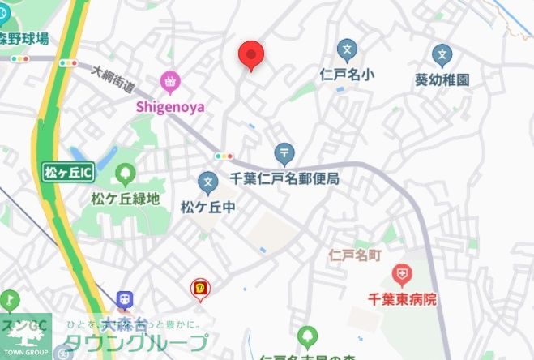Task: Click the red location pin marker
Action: click(x=251, y=55)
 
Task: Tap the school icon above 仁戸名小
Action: click(x=347, y=52)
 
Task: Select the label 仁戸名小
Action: click(x=347, y=75)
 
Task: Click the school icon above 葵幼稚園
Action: click(x=442, y=56)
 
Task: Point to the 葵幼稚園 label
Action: click(x=442, y=79)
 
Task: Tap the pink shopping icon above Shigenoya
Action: click(x=170, y=81)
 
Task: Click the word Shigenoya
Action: click(x=170, y=105)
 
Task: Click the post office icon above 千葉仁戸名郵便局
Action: click(x=284, y=152)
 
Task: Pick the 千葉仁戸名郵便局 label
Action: click(x=284, y=178)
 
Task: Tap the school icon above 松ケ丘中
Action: click(x=208, y=183)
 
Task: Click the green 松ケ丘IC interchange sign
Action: click(x=68, y=172)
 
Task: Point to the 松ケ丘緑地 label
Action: click(x=125, y=198)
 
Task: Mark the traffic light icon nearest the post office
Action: click(x=224, y=156)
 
